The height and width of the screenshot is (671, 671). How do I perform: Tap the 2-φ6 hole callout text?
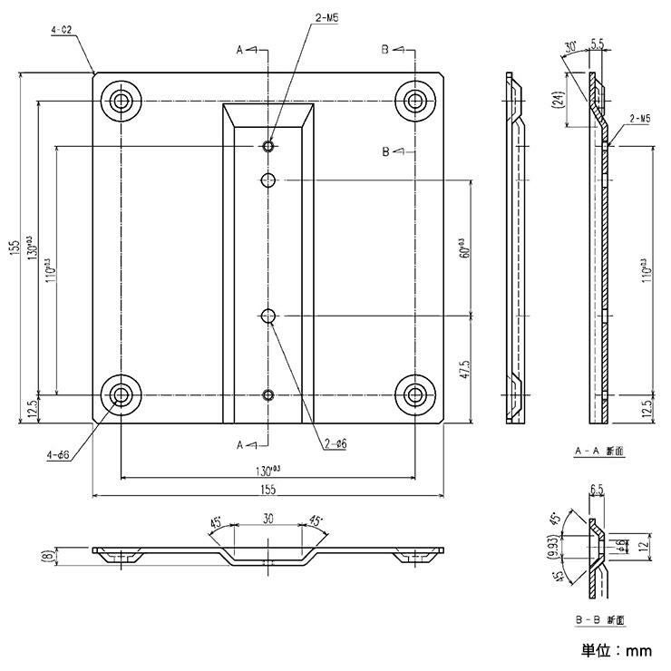pyautogui.click(x=335, y=444)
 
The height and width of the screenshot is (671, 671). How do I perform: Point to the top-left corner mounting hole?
pyautogui.click(x=120, y=100)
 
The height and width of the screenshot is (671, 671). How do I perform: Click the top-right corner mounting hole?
pyautogui.click(x=414, y=100)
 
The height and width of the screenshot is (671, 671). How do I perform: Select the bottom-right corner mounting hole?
pyautogui.click(x=414, y=394)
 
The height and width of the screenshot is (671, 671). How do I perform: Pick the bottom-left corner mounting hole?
pyautogui.click(x=120, y=394)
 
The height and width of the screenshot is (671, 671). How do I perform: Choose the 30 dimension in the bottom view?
pyautogui.click(x=267, y=520)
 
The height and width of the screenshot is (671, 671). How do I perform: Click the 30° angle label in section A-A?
pyautogui.click(x=569, y=45)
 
